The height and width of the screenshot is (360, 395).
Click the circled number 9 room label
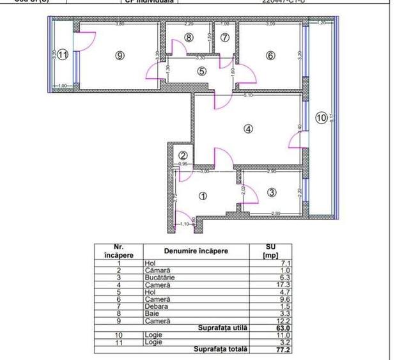(120, 56)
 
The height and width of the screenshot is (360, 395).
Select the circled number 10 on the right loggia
(321, 118)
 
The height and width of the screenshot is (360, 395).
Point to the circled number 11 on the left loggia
(62, 56)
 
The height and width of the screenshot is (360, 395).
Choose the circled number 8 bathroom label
(189, 37)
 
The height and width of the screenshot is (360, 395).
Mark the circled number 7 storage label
(224, 37)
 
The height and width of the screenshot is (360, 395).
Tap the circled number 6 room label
(270, 56)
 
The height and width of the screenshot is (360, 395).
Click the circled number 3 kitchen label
(271, 192)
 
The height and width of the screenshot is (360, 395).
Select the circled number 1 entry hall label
(204, 196)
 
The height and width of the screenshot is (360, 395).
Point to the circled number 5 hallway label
(202, 71)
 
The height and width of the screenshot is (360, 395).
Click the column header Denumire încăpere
(196, 251)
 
